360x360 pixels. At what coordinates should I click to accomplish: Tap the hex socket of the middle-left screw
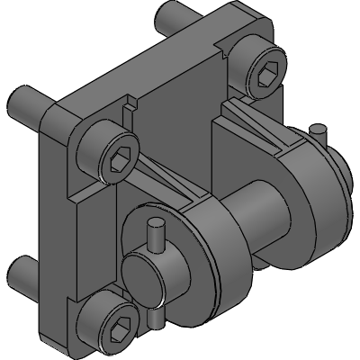(119, 163)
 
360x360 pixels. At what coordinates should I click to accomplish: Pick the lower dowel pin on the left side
(20, 269)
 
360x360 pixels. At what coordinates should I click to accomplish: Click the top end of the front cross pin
(155, 233)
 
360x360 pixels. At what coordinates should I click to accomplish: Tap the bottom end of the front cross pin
(159, 318)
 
